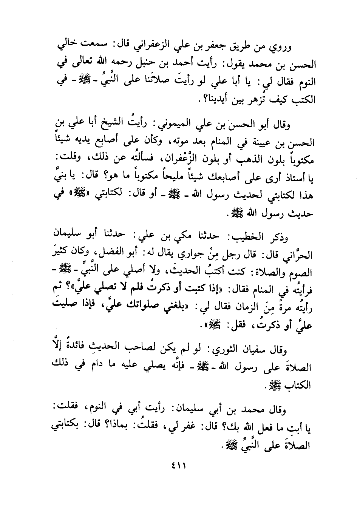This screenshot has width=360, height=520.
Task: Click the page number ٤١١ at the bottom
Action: tap(180, 466)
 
